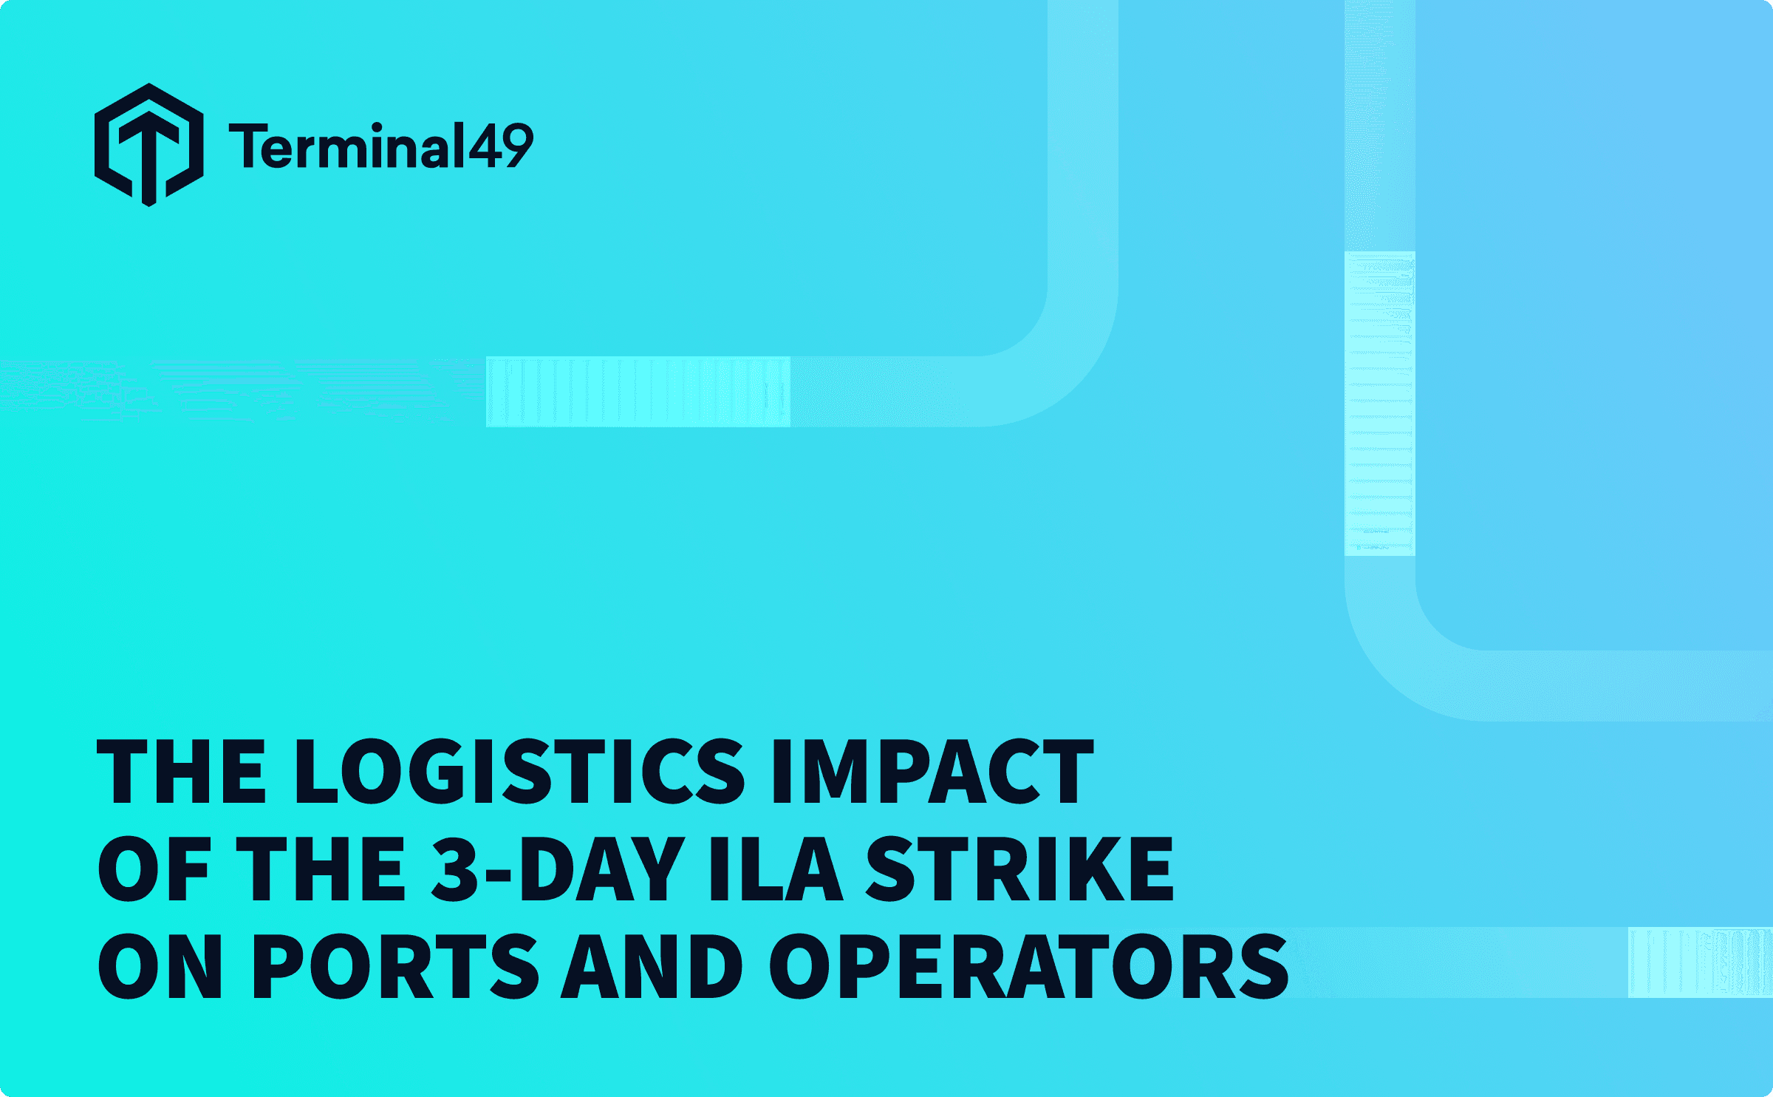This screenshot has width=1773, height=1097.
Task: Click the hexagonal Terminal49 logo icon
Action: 149,145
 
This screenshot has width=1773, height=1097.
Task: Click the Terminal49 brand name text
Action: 380,146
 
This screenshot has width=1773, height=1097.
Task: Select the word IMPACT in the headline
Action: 932,771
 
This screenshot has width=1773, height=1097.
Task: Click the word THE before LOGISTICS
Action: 182,771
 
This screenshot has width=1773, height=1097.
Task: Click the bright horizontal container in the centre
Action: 638,392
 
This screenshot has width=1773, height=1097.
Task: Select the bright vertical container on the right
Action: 1379,404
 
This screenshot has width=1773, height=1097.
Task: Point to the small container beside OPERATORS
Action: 1699,962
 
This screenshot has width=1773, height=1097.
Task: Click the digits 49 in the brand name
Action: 500,146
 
